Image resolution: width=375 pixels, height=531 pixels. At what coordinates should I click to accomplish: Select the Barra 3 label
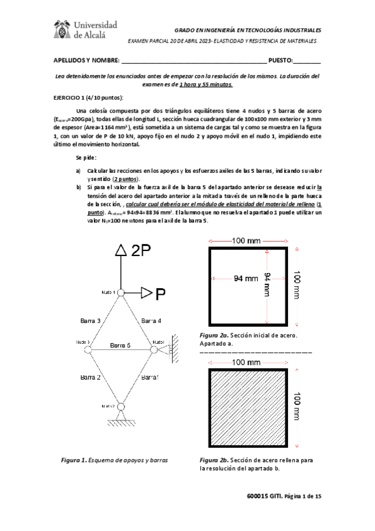91,320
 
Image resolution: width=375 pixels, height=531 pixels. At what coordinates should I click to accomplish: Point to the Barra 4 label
151,320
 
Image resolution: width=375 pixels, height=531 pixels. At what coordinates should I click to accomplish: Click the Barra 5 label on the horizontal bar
120,345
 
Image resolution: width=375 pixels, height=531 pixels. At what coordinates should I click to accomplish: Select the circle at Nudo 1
121,292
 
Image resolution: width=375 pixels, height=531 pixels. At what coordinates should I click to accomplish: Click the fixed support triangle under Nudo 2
121,416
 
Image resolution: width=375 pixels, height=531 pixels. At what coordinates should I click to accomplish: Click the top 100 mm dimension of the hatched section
247,363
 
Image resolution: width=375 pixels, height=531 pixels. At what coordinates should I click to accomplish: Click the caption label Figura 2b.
213,460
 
